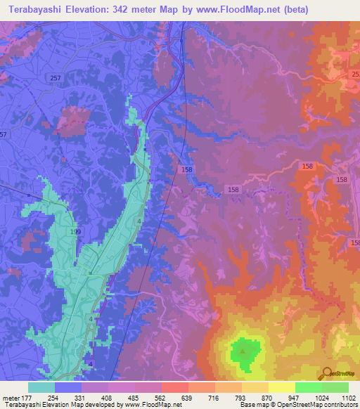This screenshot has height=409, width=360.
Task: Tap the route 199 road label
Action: (x=77, y=231)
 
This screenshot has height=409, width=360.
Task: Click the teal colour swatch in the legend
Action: (x=41, y=387)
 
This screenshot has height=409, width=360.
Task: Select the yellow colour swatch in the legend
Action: (x=281, y=387)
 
